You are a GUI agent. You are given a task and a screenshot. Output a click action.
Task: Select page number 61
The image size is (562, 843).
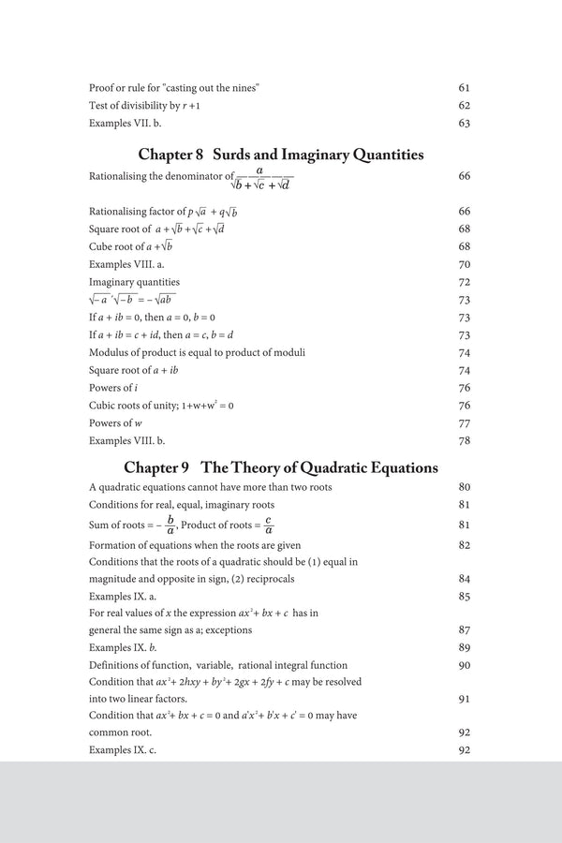point(464,87)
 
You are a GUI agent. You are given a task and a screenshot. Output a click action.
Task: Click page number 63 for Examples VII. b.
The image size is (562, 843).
point(464,123)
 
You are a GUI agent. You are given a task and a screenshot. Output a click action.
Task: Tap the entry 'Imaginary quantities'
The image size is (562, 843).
point(134,282)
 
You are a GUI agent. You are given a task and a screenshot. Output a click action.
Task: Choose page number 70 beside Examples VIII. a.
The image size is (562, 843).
point(464,264)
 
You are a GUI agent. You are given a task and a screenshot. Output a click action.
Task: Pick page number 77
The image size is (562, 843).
point(464,423)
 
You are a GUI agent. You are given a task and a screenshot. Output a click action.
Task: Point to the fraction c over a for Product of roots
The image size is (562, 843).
point(268,525)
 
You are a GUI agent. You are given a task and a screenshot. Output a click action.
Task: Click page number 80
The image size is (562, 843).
point(464,488)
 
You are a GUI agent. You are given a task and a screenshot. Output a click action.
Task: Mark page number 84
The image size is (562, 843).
point(464,579)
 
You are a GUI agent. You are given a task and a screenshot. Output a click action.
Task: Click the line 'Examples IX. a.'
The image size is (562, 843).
point(126,596)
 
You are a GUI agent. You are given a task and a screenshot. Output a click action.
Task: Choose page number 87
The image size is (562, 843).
point(464,630)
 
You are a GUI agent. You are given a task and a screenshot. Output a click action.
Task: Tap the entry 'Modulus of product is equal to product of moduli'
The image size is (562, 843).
point(197,352)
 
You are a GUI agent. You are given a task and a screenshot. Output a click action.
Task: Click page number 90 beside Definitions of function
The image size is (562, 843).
point(464,665)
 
